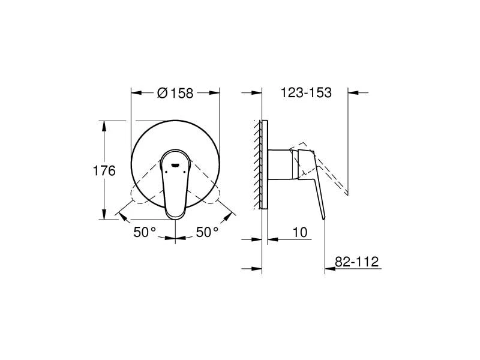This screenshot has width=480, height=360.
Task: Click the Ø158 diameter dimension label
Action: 175,93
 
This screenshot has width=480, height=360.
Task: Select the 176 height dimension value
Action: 104,170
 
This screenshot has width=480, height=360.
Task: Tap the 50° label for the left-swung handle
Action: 145,232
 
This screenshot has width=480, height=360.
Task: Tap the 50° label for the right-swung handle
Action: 207,232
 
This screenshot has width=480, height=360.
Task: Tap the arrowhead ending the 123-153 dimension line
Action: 352,92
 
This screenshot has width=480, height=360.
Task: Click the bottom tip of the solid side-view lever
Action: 323,218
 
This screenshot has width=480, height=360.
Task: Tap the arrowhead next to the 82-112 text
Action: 329,267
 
